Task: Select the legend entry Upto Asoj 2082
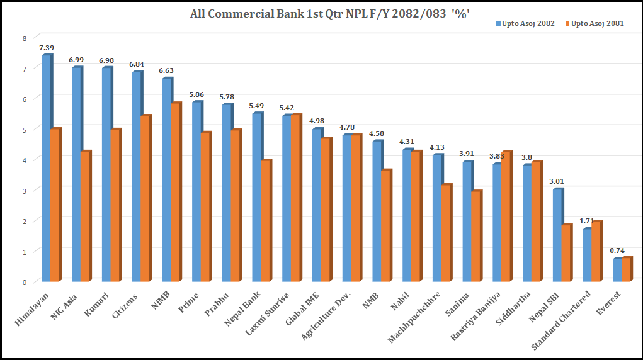pos(528,23)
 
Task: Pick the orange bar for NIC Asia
pos(85,217)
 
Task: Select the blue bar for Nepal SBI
pos(557,235)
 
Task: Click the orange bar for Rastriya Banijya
pos(506,217)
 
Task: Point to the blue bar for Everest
pos(617,270)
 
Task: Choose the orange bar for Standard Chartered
pos(596,252)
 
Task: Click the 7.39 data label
pos(47,48)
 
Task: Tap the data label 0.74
pos(617,250)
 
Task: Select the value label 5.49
pos(257,106)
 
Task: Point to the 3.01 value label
pos(557,182)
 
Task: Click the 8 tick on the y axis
pos(25,38)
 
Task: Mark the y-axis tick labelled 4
pos(25,160)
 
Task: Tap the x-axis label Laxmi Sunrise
pos(268,313)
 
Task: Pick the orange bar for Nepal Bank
pos(266,221)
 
